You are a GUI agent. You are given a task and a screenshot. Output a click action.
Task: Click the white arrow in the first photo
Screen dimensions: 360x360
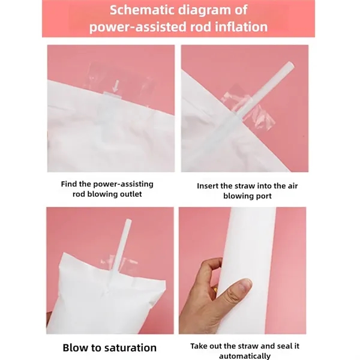(x=116, y=86)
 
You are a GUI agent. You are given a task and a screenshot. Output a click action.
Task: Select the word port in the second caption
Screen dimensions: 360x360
(x=264, y=197)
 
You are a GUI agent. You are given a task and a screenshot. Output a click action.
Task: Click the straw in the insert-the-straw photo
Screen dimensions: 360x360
(x=266, y=90)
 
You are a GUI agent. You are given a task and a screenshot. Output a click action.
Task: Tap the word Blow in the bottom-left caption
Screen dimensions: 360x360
(x=76, y=347)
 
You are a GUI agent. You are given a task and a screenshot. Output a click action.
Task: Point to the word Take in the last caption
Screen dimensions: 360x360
(x=199, y=346)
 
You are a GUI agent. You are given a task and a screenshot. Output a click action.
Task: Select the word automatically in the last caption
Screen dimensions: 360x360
(x=245, y=356)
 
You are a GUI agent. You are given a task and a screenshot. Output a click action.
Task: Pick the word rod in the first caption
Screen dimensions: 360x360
(x=79, y=194)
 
